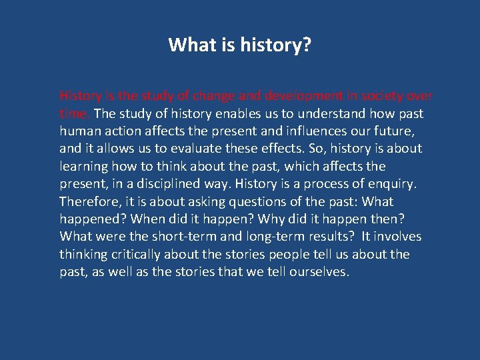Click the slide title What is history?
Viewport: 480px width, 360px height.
pyautogui.click(x=240, y=45)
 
